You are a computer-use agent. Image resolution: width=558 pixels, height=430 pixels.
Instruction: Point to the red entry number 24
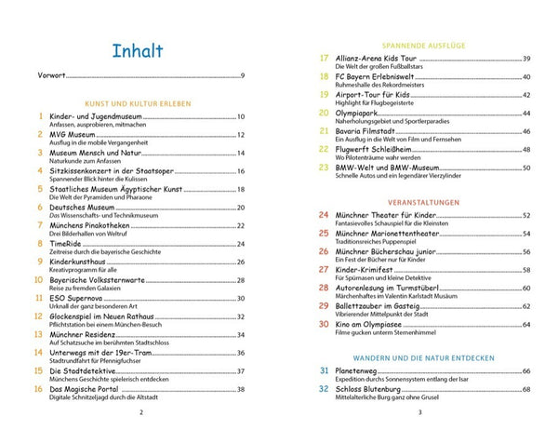point(324,215)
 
